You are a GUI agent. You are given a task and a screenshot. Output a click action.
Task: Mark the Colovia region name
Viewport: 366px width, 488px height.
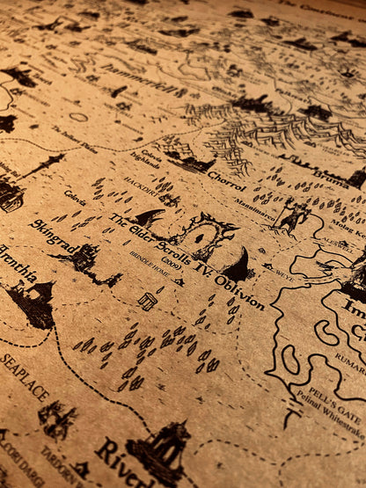point(75,198)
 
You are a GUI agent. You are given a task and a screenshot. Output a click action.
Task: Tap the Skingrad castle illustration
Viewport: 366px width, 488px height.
point(85,257)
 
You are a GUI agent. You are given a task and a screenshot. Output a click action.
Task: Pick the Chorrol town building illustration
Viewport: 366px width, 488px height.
point(188,163)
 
